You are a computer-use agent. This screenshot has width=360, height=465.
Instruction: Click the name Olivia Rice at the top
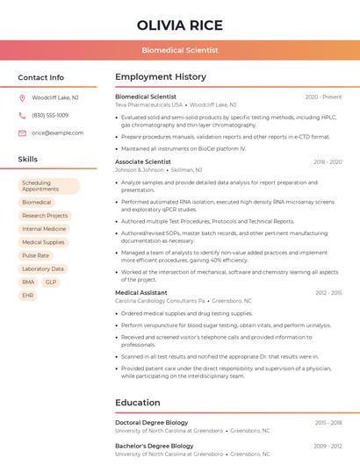180,25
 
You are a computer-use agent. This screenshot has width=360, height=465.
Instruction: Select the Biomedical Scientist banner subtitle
180,51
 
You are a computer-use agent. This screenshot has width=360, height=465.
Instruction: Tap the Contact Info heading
41,77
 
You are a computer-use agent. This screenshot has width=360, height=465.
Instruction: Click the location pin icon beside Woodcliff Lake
22,97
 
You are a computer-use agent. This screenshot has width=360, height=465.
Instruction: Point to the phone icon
22,115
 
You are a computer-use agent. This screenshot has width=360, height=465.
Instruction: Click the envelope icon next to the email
22,132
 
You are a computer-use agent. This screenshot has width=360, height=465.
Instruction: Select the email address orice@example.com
58,132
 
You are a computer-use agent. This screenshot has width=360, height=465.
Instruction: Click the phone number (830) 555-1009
50,115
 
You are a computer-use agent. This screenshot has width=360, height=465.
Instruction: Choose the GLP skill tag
51,282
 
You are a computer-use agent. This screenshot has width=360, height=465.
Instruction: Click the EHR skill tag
29,296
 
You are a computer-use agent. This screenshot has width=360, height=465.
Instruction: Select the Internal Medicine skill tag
44,229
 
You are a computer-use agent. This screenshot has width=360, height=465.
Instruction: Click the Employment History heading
161,77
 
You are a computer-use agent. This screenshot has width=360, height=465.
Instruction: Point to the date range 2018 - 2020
328,162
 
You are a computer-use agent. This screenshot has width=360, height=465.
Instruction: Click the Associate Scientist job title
143,162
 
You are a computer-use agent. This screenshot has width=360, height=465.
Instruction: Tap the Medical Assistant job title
141,292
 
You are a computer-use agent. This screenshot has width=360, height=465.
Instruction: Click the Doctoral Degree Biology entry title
152,422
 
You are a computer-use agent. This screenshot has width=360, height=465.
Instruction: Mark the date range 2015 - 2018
328,422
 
